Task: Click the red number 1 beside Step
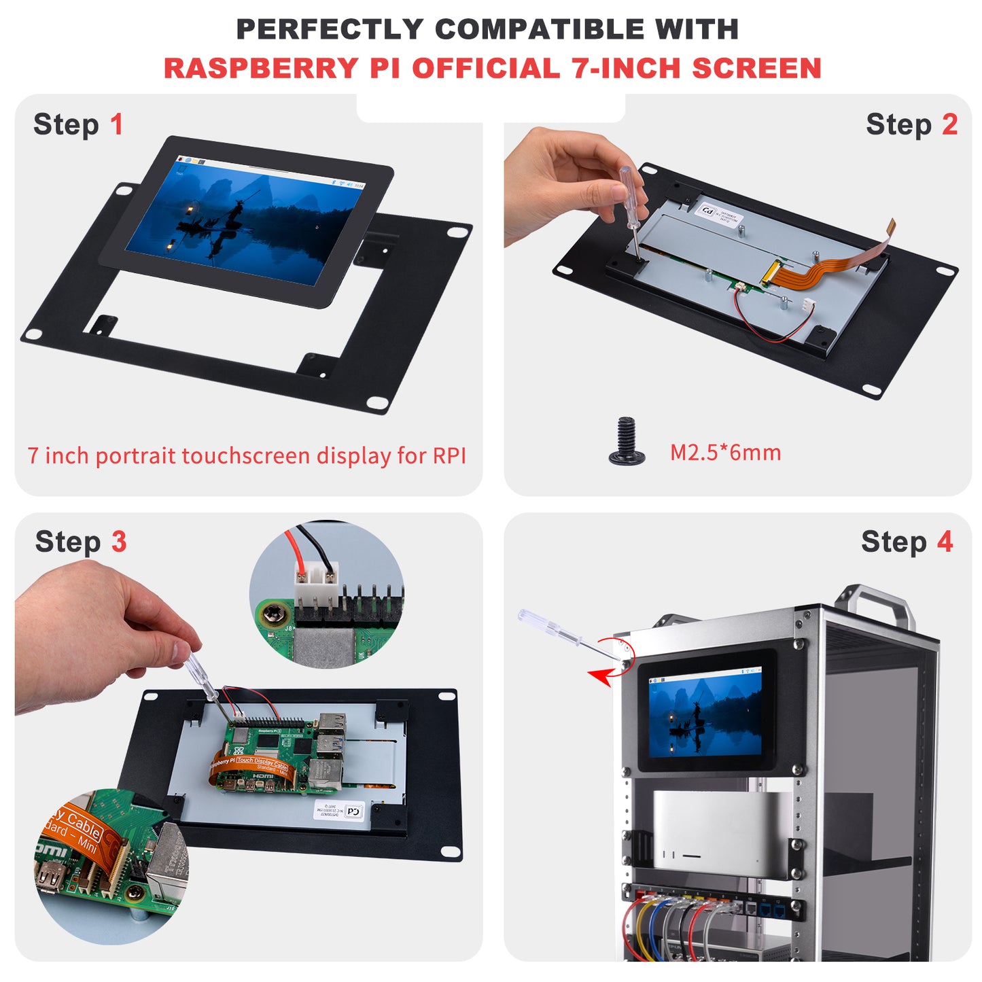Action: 117,125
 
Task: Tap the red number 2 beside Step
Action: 949,125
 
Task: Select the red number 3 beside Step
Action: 119,542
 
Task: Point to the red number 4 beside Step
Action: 945,542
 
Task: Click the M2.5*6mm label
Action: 725,453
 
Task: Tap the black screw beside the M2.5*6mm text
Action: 627,442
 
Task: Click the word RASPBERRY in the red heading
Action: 260,69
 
